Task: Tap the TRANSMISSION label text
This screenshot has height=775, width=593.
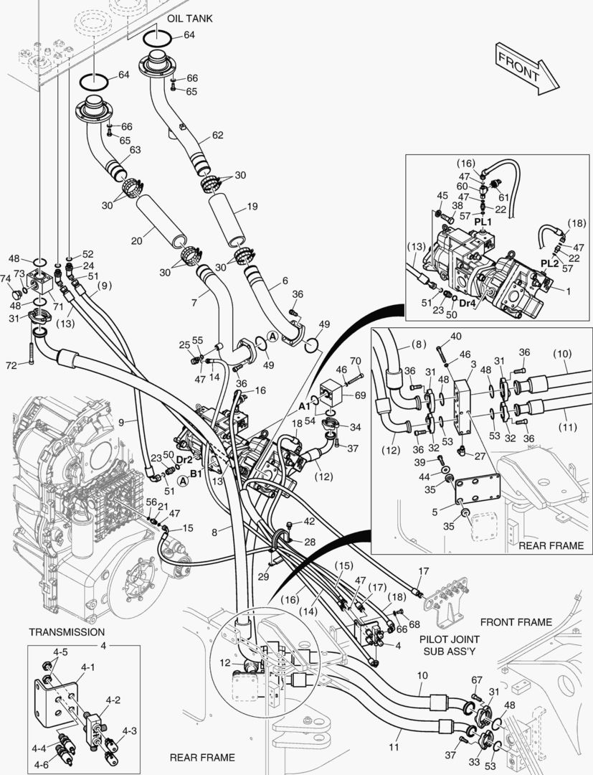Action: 66,631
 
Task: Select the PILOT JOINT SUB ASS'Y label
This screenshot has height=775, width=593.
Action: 449,644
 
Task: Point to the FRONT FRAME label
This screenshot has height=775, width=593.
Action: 516,622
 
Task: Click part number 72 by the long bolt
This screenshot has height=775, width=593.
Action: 10,366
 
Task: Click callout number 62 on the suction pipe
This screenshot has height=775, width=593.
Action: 217,135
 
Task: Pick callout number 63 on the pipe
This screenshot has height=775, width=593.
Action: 134,150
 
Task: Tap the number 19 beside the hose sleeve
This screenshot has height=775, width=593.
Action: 252,206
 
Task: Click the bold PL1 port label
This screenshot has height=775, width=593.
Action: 483,222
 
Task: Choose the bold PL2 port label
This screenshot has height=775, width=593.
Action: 549,263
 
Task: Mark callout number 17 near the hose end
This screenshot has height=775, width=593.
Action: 423,571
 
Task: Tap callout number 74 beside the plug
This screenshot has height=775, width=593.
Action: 5,278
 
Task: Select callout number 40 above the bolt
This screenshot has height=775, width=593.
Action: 455,337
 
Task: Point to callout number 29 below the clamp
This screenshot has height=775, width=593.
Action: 262,576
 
